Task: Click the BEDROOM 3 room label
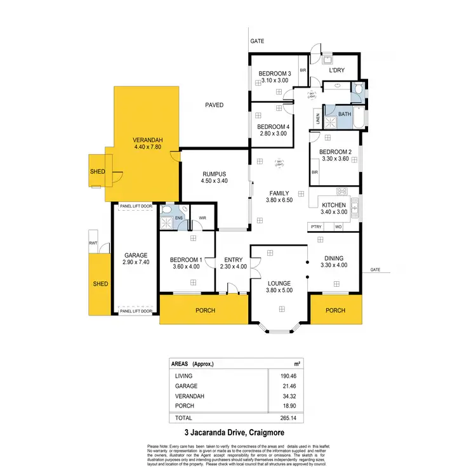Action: tap(274, 73)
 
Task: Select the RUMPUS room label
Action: tap(214, 173)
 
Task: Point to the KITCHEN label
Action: tap(334, 205)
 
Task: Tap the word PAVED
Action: tap(214, 105)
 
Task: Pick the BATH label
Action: tap(344, 114)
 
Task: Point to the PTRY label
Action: tap(316, 227)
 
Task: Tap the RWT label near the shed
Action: tap(93, 243)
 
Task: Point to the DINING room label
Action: tap(334, 258)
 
